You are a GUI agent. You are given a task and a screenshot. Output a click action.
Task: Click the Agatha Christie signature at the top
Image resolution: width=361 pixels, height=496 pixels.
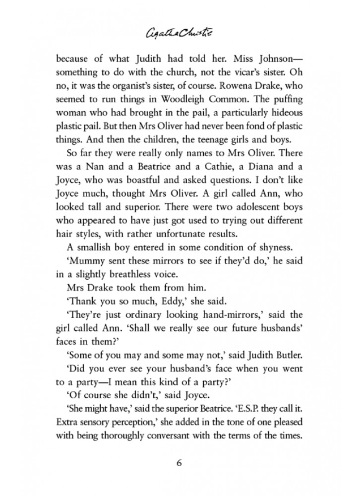point(180,34)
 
